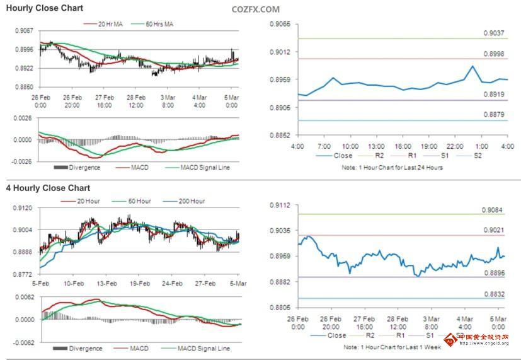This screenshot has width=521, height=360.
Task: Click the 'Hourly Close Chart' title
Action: (x=45, y=8)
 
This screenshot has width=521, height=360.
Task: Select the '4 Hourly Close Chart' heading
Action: (x=49, y=188)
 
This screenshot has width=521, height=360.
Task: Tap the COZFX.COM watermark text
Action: (x=255, y=9)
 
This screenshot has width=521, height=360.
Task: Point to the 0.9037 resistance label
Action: (x=493, y=33)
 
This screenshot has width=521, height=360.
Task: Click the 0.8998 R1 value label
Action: (x=493, y=55)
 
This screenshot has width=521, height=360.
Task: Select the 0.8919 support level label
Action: (x=493, y=95)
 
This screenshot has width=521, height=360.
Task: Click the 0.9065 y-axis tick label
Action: (x=280, y=24)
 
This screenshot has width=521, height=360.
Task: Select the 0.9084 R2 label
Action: (x=493, y=210)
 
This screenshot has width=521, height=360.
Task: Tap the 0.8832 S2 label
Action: (x=493, y=294)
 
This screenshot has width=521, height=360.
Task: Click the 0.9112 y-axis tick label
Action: (x=280, y=206)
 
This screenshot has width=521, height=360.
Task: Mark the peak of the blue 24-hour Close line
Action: (x=472, y=66)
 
